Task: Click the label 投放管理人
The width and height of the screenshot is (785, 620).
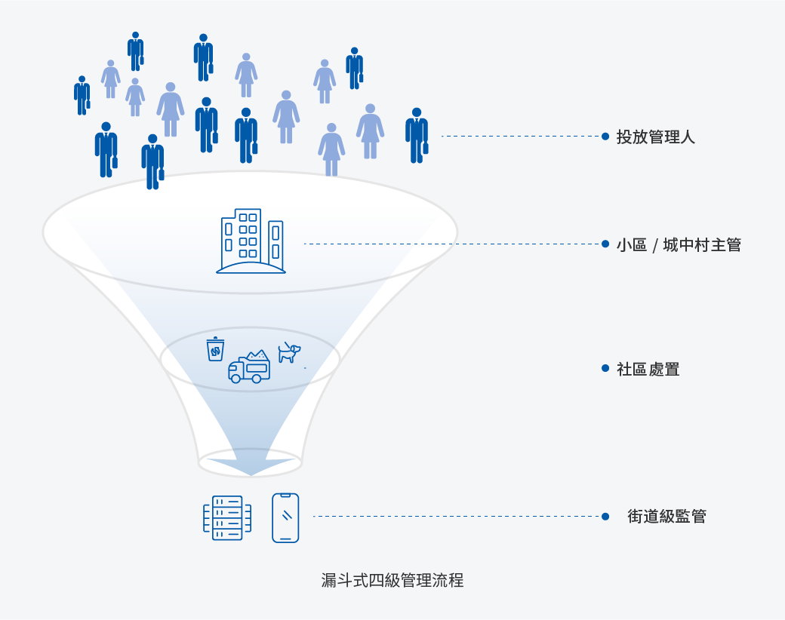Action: (655, 137)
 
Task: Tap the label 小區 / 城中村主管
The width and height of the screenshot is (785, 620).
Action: (679, 245)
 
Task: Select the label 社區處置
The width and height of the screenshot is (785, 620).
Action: (648, 370)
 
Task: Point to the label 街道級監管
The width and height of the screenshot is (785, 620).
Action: (666, 517)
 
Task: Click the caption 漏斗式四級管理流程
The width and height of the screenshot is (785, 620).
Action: (392, 580)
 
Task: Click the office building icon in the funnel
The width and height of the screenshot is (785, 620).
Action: (251, 241)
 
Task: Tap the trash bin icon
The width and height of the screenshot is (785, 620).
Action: (215, 349)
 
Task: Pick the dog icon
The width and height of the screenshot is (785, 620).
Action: (288, 352)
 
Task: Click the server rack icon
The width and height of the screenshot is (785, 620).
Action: (227, 517)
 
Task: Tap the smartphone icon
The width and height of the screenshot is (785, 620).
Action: (285, 517)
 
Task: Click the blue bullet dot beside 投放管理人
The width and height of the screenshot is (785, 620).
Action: (605, 137)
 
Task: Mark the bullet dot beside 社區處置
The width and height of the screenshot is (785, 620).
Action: (605, 368)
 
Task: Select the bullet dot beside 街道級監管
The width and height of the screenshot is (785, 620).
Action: (605, 517)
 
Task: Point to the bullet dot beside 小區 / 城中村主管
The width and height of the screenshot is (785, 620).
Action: (605, 244)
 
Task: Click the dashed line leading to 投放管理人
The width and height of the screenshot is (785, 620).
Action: (521, 137)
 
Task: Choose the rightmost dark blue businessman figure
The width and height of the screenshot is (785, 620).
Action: (417, 136)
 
